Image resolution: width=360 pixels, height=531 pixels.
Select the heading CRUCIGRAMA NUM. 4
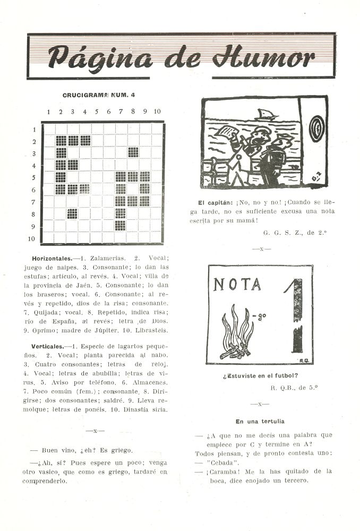point(99,95)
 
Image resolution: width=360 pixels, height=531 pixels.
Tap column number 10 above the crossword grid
point(157,112)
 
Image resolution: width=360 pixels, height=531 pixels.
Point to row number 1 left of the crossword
point(35,129)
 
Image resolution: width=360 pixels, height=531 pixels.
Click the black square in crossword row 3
point(133,153)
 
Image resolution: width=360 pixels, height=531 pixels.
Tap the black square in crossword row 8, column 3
point(73,213)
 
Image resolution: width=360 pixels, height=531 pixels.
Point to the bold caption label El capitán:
point(216,203)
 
